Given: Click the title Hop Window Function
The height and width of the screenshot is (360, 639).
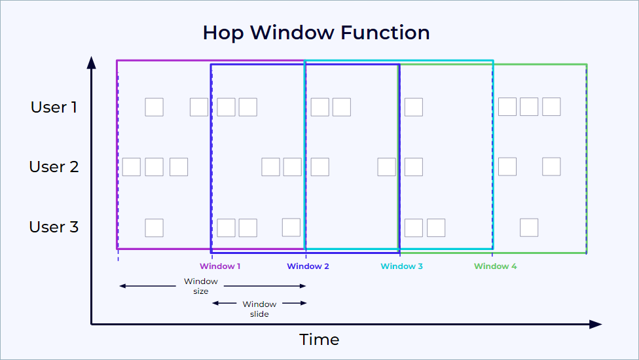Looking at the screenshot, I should (x=316, y=33).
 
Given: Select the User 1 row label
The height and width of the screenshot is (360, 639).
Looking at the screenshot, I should (x=54, y=107).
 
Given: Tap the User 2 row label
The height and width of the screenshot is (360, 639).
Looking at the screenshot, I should (x=54, y=167).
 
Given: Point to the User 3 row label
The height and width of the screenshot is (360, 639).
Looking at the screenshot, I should (x=54, y=227).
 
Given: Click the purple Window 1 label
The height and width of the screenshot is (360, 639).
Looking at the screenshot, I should (x=220, y=266).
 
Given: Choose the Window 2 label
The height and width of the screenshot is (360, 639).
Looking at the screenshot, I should (x=308, y=266).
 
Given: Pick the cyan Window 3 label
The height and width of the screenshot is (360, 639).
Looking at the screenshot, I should (x=401, y=266).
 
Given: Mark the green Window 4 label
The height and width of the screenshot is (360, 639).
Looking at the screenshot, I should (x=495, y=266).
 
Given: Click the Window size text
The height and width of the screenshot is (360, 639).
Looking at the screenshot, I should (x=201, y=286).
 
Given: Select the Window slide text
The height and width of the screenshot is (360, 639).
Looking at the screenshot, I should (x=259, y=309).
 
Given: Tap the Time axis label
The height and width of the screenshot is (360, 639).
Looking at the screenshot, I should (x=319, y=340).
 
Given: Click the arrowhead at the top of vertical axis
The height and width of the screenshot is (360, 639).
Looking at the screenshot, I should (x=92, y=62).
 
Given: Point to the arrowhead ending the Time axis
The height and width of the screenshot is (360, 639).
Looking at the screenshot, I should (x=596, y=324).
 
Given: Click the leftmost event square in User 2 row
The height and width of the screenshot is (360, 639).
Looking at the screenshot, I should (x=132, y=167).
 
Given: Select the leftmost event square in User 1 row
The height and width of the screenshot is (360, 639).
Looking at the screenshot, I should (x=154, y=107).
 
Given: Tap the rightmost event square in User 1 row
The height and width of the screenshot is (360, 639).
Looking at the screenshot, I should (x=551, y=107).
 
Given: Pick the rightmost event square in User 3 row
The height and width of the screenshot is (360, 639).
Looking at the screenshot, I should (x=529, y=227).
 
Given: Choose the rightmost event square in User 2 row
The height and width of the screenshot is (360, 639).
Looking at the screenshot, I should (x=551, y=167).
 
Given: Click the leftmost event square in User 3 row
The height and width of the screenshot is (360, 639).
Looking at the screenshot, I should (x=154, y=227).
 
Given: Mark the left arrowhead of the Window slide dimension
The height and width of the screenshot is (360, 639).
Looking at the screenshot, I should (x=214, y=303).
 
